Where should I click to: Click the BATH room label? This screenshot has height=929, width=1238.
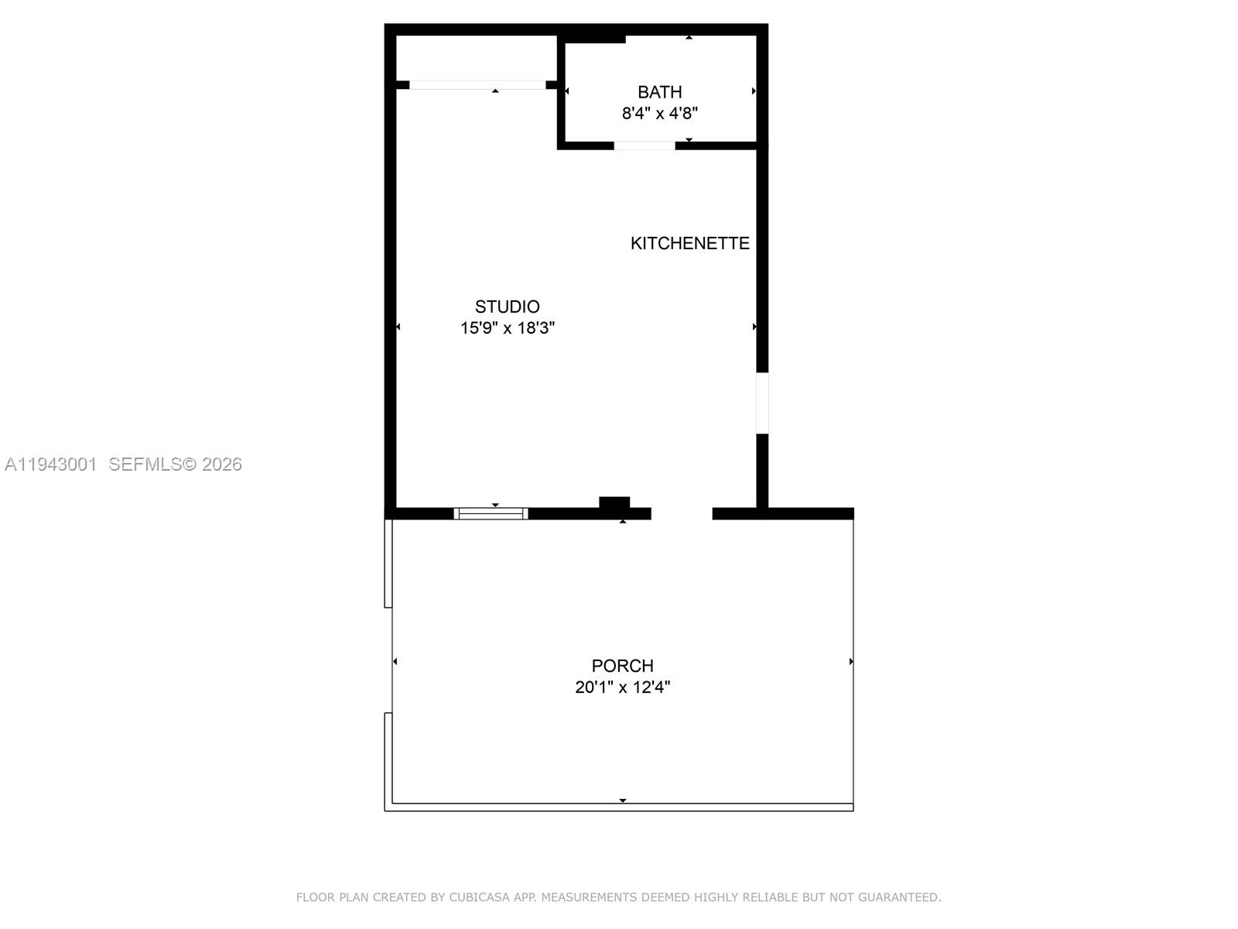tap(659, 92)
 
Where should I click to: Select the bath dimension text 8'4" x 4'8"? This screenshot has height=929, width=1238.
tap(659, 114)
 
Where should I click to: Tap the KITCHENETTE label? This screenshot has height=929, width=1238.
tap(689, 243)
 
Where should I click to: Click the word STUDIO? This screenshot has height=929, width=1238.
tap(507, 307)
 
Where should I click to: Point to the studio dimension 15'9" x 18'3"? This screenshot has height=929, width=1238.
tap(507, 327)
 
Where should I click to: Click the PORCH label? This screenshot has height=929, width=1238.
tap(622, 666)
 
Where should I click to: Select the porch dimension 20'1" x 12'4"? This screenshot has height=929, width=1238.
tap(622, 687)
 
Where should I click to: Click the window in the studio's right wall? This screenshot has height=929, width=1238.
tap(762, 403)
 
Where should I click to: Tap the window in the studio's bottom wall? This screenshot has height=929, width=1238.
tap(491, 513)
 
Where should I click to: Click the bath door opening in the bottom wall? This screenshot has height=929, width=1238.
tap(645, 146)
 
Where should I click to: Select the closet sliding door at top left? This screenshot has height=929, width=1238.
tap(477, 85)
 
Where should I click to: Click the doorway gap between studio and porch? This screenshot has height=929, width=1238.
tap(681, 513)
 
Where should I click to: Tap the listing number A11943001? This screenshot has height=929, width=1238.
tap(51, 464)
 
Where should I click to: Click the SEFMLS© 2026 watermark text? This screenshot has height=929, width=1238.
tap(175, 464)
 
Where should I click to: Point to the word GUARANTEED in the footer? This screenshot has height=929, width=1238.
tap(900, 897)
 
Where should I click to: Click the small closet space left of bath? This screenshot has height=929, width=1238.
tap(476, 57)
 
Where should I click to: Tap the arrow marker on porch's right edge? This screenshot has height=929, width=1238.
tap(851, 662)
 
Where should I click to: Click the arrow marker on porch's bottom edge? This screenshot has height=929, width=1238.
tap(622, 800)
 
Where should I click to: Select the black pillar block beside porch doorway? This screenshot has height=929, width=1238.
tap(614, 503)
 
